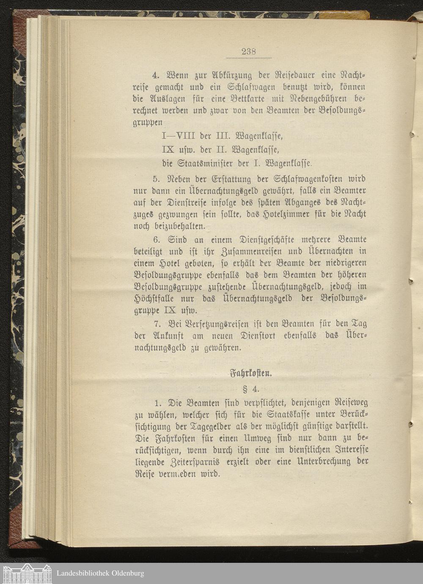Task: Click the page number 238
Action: coord(249,52)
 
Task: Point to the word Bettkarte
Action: coord(250,100)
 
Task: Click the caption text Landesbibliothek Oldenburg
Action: coord(100,573)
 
